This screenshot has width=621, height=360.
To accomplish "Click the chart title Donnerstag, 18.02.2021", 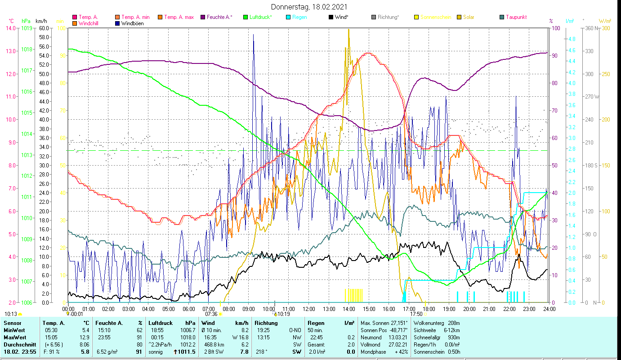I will [x=309, y=7].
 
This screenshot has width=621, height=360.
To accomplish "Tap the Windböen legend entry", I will [x=132, y=23].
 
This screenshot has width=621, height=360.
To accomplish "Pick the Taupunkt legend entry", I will [x=516, y=17].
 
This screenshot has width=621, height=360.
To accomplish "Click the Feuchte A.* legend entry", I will [x=219, y=17].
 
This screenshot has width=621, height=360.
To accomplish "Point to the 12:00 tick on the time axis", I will [x=309, y=309].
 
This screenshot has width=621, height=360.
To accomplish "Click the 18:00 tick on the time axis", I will [x=429, y=309].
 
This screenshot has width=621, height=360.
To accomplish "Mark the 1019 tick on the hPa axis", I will [x=27, y=28].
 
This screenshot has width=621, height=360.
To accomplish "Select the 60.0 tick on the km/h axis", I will [x=44, y=28].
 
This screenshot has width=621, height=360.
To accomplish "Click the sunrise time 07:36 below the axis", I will [x=211, y=314].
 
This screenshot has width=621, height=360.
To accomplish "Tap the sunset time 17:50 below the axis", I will [x=416, y=314].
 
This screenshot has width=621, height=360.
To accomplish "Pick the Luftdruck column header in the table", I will [x=161, y=323].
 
